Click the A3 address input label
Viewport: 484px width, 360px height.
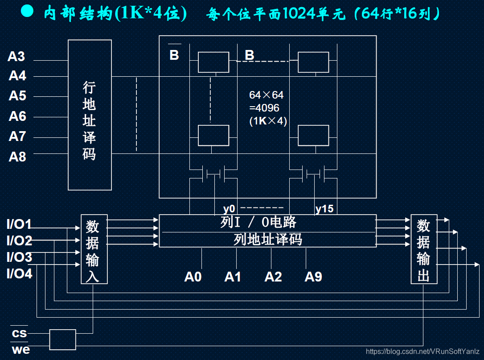click(16, 57)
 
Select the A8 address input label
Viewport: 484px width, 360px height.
click(17, 157)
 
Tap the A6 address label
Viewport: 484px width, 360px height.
click(17, 116)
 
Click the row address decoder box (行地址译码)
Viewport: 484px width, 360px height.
click(90, 115)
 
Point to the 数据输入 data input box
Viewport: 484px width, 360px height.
click(94, 249)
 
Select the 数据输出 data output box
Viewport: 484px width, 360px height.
click(423, 249)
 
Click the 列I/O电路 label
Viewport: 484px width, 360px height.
click(258, 222)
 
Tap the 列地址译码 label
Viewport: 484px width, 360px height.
click(267, 240)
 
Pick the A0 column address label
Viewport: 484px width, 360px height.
click(193, 277)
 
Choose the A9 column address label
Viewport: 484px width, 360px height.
click(313, 277)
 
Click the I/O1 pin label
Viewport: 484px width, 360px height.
click(19, 224)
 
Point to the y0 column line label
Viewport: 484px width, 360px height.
click(229, 208)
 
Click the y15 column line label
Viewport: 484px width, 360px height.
click(324, 208)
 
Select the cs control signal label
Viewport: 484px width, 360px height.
click(19, 333)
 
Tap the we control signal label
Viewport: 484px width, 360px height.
click(21, 349)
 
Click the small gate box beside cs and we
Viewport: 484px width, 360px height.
click(62, 339)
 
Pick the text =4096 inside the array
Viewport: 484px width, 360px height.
click(264, 108)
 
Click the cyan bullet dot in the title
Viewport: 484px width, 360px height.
click(27, 12)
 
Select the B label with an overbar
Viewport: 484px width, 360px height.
click(174, 55)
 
